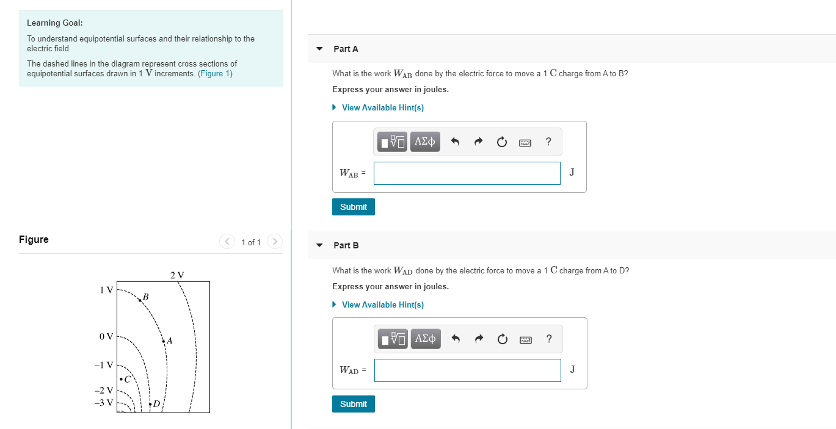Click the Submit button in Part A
click(x=354, y=207)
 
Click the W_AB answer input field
click(x=467, y=173)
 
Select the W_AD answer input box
click(x=467, y=370)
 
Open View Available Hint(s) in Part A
click(x=382, y=107)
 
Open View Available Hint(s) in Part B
click(x=382, y=305)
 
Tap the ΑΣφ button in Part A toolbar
click(x=425, y=142)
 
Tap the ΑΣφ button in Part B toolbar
click(x=425, y=339)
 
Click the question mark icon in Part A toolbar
click(x=548, y=142)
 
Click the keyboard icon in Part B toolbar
click(x=525, y=339)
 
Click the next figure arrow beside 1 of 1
click(x=275, y=242)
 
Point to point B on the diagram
click(x=140, y=300)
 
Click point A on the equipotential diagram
click(x=164, y=341)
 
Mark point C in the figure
click(x=122, y=380)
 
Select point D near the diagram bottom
click(x=150, y=403)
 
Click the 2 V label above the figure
click(x=177, y=275)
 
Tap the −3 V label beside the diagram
click(x=104, y=403)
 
